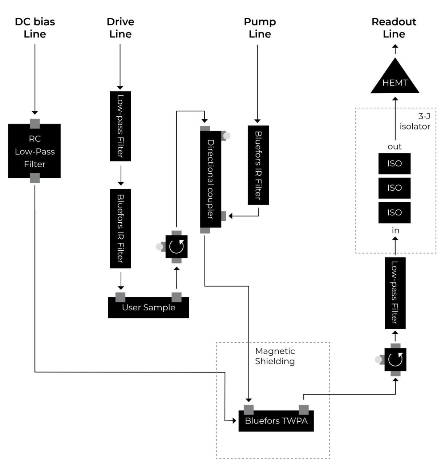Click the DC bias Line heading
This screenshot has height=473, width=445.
point(35,28)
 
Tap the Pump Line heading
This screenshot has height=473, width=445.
point(260,28)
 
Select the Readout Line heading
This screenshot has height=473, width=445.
point(394,28)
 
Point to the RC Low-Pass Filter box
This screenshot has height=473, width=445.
point(35,151)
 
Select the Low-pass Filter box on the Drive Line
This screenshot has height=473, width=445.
point(120,126)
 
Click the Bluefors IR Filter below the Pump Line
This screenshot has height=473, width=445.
point(258,165)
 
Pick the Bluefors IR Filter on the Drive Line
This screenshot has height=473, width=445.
point(120,228)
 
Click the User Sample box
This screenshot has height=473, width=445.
point(149,308)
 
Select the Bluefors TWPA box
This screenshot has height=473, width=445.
point(276,421)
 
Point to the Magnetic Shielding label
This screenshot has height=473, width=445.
point(275,356)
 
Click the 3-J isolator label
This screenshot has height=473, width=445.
point(415,122)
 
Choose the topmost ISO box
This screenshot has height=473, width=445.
point(395,163)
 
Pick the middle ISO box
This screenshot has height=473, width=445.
point(395,188)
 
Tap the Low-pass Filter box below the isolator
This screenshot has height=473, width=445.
point(395,293)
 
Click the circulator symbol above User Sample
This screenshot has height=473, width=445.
point(177,247)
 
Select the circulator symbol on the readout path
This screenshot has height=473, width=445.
point(395,359)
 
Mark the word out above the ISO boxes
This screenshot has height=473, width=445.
point(395,147)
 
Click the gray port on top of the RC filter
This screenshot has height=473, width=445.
point(35,124)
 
